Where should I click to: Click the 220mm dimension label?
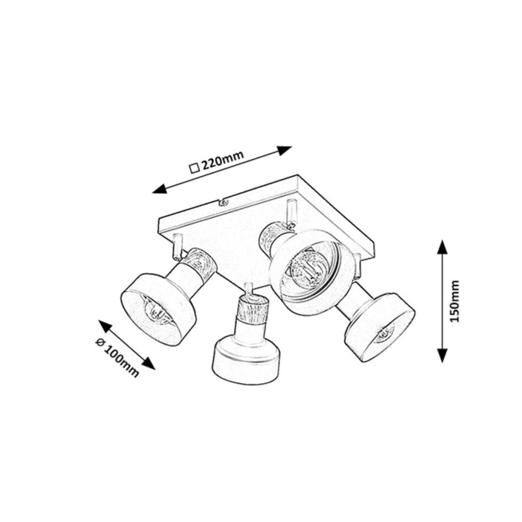click(223, 162)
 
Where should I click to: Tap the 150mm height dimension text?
click(454, 301)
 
